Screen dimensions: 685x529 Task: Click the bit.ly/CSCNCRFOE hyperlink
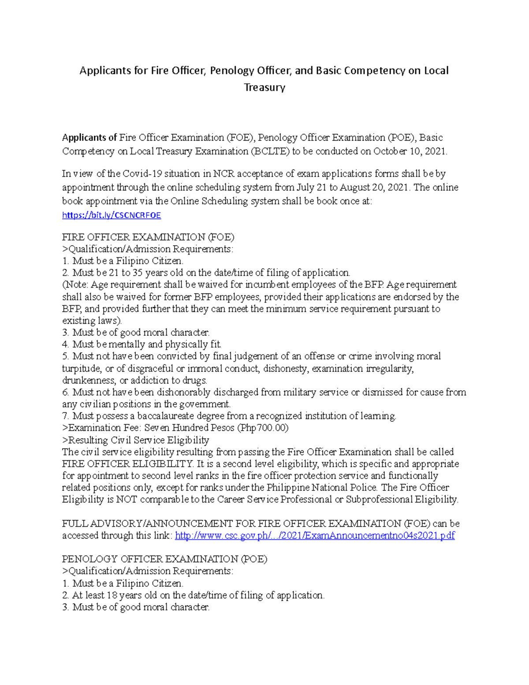coord(112,215)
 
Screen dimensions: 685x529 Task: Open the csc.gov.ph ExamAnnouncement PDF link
coord(315,535)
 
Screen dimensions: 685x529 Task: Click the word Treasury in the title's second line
coord(264,87)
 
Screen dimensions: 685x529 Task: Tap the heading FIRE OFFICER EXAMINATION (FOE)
coord(148,237)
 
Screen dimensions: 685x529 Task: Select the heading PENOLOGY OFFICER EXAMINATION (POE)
coord(164,559)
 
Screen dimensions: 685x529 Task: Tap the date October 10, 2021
coord(410,151)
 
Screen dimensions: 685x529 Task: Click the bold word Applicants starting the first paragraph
coord(89,138)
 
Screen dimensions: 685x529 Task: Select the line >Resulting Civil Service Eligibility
coord(136,440)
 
